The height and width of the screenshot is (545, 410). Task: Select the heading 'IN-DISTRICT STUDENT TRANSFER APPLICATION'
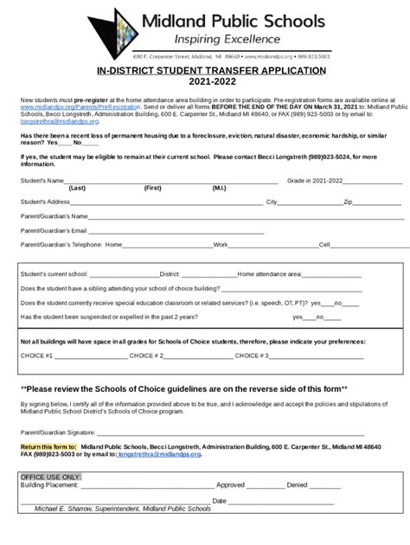[205, 69]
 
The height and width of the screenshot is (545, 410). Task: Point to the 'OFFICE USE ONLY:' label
[51, 477]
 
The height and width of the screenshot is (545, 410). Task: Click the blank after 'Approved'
[264, 486]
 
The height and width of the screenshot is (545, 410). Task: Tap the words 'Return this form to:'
[48, 446]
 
